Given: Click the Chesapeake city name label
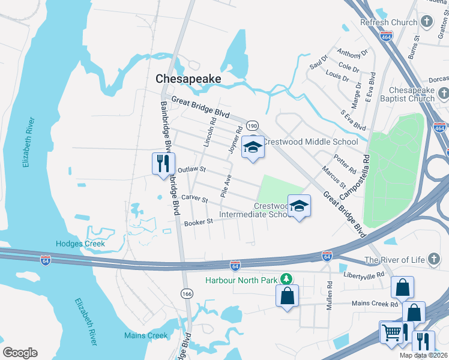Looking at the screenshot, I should tap(188, 79).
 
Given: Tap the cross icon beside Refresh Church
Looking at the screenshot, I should tap(427, 23).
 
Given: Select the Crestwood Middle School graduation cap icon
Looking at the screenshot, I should tap(253, 148).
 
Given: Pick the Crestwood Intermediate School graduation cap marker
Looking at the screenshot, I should tap(298, 206).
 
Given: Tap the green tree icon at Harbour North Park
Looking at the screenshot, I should tap(287, 280).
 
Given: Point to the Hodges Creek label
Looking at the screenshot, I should tap(80, 244).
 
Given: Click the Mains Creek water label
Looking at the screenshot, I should tap(146, 335).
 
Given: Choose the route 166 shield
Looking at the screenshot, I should tap(186, 292).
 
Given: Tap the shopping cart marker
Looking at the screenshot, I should tap(391, 331).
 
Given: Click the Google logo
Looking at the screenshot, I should tap(20, 352).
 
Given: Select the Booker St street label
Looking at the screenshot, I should tap(199, 223).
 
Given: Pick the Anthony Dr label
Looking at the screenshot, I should tap(352, 53).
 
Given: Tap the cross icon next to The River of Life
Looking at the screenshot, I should tap(434, 260).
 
